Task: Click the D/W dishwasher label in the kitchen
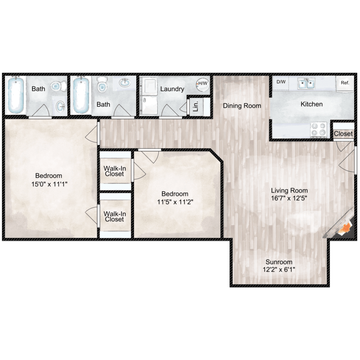click(x=280, y=82)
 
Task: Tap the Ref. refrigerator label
click(x=345, y=83)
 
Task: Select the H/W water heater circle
click(x=203, y=84)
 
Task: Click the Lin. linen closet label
click(x=196, y=106)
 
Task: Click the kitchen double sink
click(x=306, y=84)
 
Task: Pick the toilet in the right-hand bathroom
click(x=101, y=86)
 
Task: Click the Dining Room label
click(x=242, y=106)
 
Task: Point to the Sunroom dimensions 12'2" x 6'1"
click(x=279, y=270)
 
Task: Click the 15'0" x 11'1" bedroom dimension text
click(x=49, y=183)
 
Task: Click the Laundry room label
click(x=172, y=89)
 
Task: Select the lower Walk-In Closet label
click(x=114, y=216)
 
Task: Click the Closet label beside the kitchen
click(x=343, y=134)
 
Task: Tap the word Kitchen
click(x=312, y=104)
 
